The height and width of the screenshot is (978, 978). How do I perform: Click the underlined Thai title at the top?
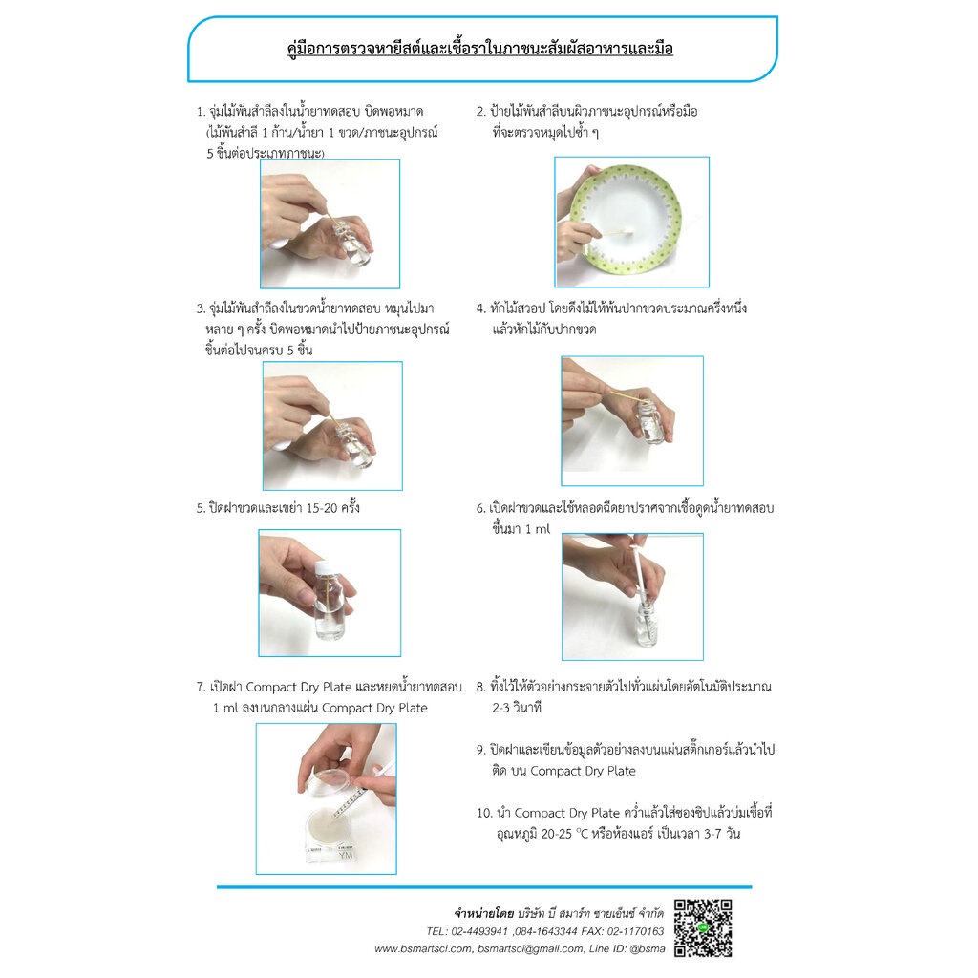click(479, 49)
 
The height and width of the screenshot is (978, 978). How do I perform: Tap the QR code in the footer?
click(703, 928)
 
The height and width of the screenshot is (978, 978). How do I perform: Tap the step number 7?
click(201, 688)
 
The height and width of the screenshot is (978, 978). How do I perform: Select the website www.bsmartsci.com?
click(423, 949)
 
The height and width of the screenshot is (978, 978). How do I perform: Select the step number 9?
click(481, 750)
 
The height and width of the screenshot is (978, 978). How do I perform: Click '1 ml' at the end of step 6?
click(538, 529)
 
